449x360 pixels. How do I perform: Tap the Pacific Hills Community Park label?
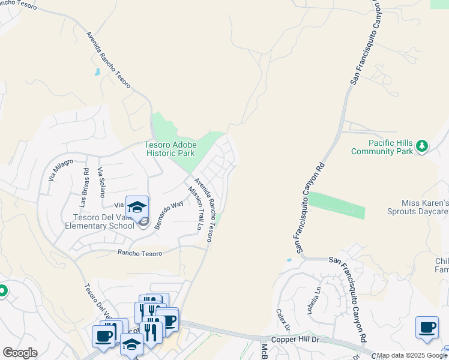pyautogui.click(x=391, y=147)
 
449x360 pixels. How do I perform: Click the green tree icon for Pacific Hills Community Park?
pyautogui.click(x=421, y=146)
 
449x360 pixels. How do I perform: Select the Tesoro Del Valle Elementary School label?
pyautogui.click(x=100, y=221)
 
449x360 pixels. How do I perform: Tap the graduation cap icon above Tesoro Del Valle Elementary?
pyautogui.click(x=137, y=207)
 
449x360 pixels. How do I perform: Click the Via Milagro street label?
pyautogui.click(x=61, y=170)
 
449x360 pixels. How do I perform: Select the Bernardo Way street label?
pyautogui.click(x=168, y=214)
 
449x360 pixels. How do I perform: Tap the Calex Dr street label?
pyautogui.click(x=283, y=321)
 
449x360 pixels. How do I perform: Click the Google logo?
pyautogui.click(x=20, y=353)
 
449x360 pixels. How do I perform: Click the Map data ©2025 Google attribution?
pyautogui.click(x=412, y=356)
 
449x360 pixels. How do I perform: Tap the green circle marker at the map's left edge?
pyautogui.click(x=2, y=292)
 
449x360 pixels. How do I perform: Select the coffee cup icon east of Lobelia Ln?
pyautogui.click(x=427, y=328)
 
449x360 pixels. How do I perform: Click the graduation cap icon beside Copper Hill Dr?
pyautogui.click(x=131, y=344)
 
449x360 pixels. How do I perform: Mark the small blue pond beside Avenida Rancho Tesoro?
pyautogui.click(x=97, y=72)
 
